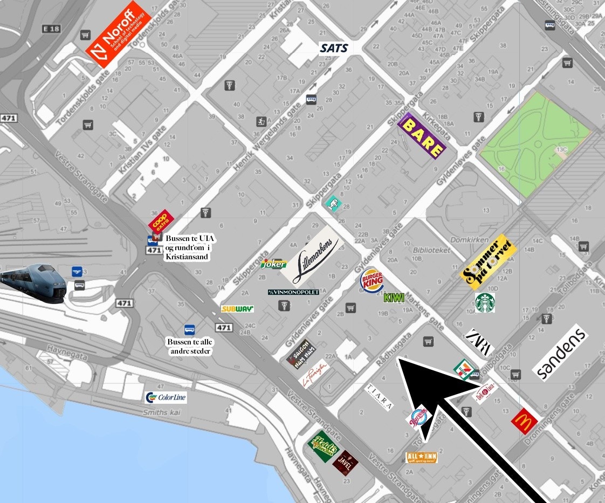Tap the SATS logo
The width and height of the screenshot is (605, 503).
pyautogui.click(x=334, y=48)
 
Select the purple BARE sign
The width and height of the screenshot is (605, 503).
pyautogui.click(x=422, y=136)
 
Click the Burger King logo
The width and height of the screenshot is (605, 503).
pyautogui.click(x=372, y=281)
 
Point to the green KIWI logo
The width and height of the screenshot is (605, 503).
pyautogui.click(x=394, y=297)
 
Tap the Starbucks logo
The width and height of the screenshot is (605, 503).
pyautogui.click(x=485, y=303)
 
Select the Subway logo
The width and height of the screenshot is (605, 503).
pyautogui.click(x=237, y=309)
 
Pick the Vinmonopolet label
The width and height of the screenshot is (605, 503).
pyautogui.click(x=293, y=292)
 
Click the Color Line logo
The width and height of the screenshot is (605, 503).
pyautogui.click(x=166, y=398)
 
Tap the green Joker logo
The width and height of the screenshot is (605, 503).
pyautogui.click(x=273, y=264)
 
